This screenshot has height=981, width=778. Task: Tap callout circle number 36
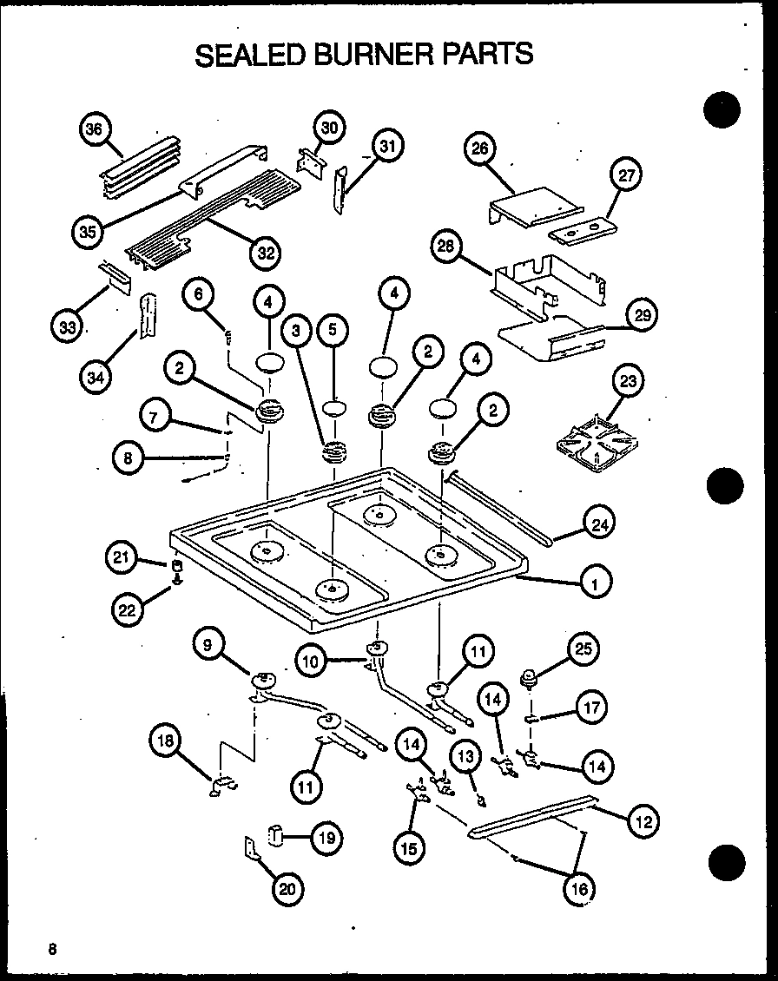(x=94, y=130)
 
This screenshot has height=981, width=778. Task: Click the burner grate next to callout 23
(x=593, y=445)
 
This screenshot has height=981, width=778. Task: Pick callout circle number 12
(x=644, y=821)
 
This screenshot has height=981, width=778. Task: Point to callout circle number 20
(x=287, y=887)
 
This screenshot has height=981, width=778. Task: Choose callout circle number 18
(x=167, y=741)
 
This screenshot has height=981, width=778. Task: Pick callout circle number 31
(x=387, y=147)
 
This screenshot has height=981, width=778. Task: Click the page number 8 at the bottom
(x=53, y=949)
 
